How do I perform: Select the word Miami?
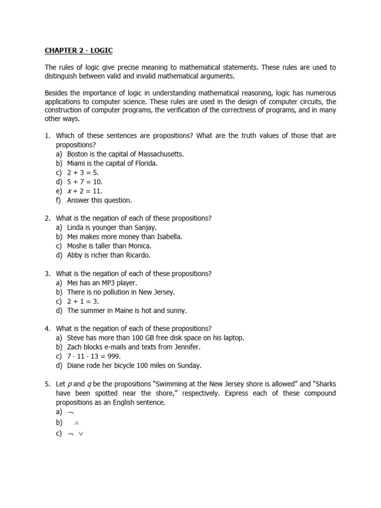[x=77, y=163]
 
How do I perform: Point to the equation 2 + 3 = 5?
[x=83, y=173]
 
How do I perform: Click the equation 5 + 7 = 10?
[x=85, y=182]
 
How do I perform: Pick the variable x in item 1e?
[x=69, y=191]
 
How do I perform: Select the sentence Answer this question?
[x=100, y=200]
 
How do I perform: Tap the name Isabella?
[x=167, y=237]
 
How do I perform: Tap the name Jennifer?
[x=184, y=347]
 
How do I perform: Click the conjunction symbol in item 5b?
[x=76, y=423]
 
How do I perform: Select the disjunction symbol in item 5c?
[x=81, y=434]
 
